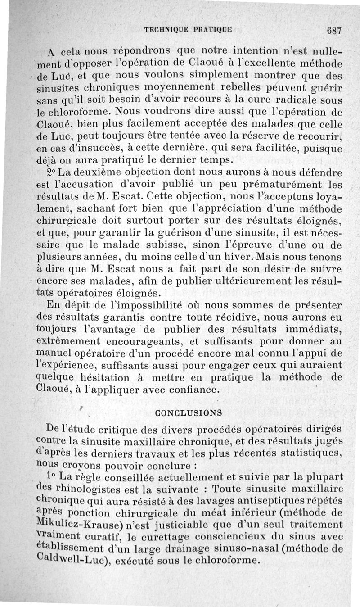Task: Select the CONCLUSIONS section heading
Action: click(188, 412)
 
